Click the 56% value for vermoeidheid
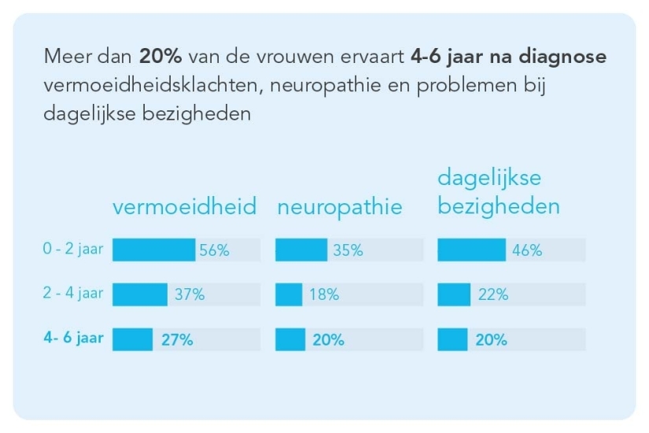214,250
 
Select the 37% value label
190,295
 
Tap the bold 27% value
177,340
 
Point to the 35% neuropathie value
348,250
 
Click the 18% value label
324,295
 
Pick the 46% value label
527,250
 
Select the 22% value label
492,295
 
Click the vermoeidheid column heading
184,207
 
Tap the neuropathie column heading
339,207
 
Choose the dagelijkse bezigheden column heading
499,193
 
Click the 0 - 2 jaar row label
72,250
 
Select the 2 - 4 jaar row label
72,294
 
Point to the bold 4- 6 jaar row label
72,339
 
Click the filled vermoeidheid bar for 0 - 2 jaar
153,250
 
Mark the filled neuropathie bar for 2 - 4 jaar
289,295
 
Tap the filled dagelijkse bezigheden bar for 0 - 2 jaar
471,250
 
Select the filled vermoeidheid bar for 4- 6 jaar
132,340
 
